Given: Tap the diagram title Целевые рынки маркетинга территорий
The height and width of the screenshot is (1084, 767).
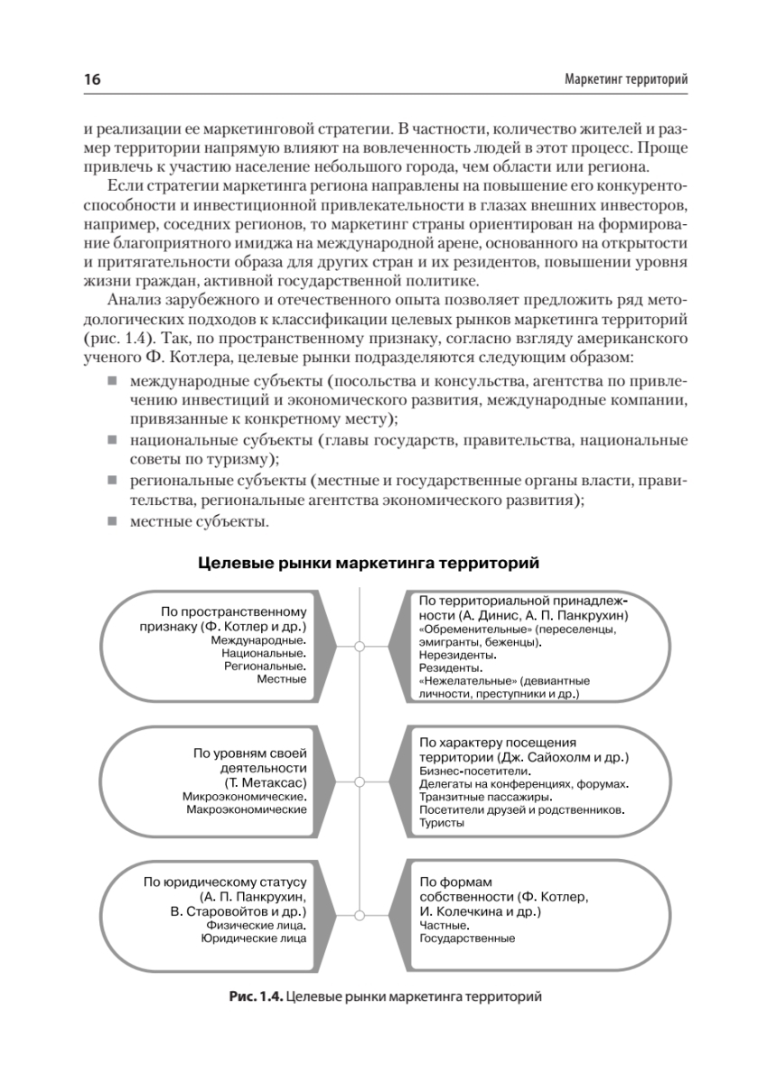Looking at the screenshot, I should (369, 565).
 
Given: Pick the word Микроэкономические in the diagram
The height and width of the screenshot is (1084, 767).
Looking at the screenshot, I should (244, 797).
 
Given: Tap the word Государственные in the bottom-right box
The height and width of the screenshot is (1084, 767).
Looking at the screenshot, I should (467, 939).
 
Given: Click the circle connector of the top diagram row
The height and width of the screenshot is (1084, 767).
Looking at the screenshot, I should (360, 646).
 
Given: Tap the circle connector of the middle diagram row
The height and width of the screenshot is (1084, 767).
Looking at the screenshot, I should (360, 781).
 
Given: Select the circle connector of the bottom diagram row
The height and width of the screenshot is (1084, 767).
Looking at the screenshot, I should (360, 916).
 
